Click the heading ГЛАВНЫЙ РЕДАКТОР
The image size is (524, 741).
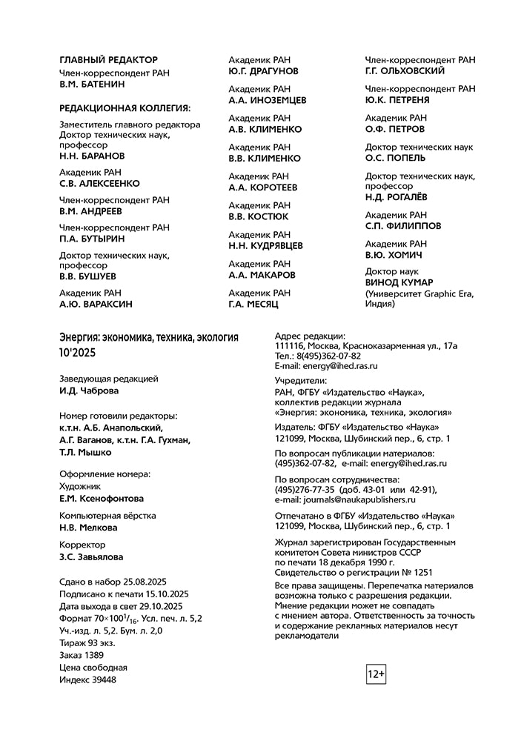click(108, 60)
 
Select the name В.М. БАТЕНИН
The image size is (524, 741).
click(92, 84)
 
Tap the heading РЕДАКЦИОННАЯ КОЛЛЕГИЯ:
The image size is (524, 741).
click(125, 108)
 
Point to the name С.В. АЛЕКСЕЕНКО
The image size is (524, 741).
click(99, 184)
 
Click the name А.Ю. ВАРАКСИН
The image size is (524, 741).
click(96, 304)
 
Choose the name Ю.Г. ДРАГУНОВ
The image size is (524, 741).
click(263, 71)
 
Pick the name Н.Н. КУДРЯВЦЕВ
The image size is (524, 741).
click(265, 246)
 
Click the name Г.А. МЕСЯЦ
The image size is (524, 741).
click(253, 304)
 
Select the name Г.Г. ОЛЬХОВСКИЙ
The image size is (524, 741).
click(405, 71)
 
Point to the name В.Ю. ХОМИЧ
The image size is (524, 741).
click(394, 255)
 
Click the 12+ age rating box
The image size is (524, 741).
click(376, 674)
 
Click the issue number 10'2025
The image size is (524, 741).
click(78, 353)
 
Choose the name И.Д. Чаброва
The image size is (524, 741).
click(89, 391)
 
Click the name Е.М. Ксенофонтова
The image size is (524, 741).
click(102, 499)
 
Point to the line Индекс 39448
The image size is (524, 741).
click(87, 679)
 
